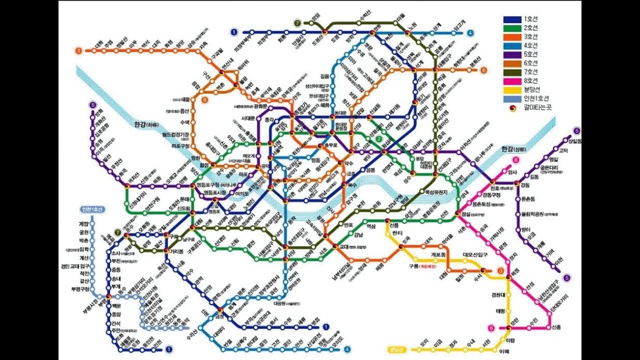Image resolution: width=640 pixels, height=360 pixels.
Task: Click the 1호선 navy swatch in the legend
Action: pos(512,19)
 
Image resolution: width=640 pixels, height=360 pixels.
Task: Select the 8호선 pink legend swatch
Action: pos(512,80)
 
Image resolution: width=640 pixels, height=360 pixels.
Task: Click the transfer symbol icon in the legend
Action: pos(512,107)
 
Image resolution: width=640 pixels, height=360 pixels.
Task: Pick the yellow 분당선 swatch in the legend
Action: pos(512,89)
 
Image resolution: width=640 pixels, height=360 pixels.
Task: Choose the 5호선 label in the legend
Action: pos(530,54)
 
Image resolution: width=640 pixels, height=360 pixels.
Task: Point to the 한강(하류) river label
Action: pos(145,125)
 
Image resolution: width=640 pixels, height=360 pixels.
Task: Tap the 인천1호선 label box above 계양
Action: pos(91,209)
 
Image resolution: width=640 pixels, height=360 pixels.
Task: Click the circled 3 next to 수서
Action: pos(500,271)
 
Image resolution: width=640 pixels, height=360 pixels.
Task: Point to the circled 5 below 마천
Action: pos(566,277)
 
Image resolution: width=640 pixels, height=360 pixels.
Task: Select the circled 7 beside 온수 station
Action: pos(117,232)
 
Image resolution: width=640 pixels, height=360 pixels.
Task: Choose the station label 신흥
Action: pos(556,327)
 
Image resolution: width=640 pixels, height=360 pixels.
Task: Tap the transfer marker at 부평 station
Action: pos(108,297)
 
